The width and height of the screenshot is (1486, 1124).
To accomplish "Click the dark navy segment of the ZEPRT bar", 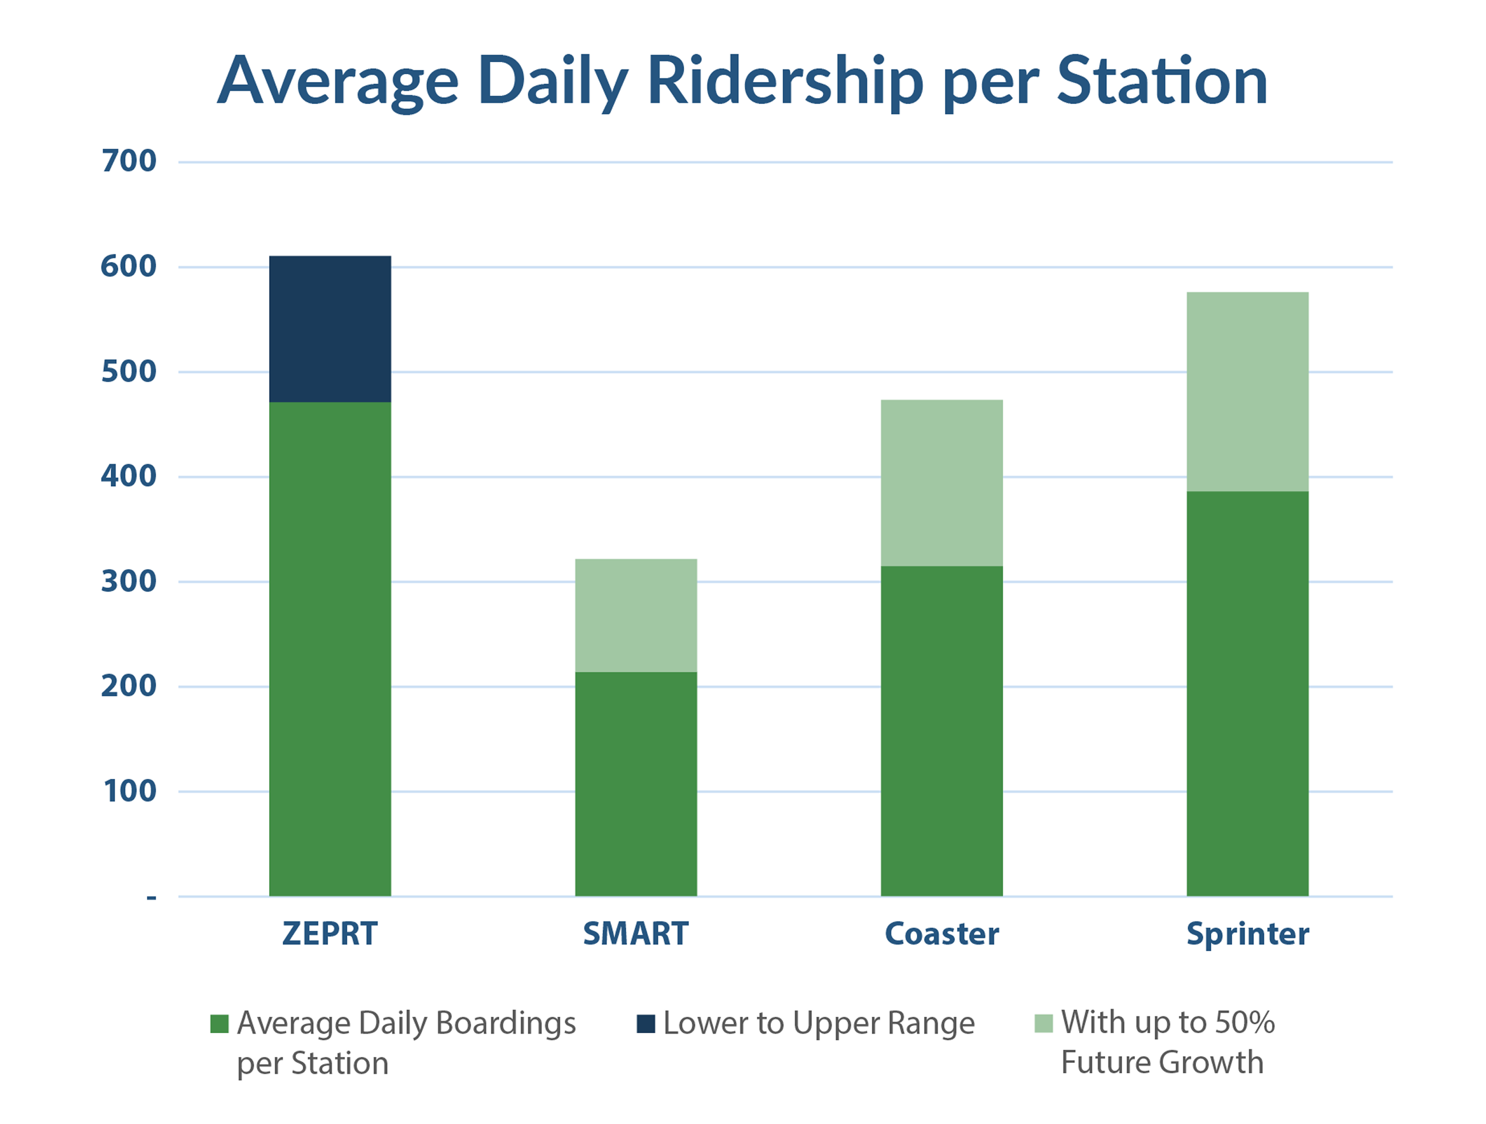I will tap(330, 329).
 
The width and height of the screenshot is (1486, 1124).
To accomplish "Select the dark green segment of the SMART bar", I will tap(636, 783).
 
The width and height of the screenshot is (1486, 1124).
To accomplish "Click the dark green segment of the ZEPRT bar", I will tap(330, 648).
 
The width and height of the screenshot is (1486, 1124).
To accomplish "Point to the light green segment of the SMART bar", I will tap(636, 615).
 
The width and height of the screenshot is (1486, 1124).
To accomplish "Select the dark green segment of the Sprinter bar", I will tap(1247, 694).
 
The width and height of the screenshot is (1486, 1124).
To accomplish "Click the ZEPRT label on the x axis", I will tap(330, 934).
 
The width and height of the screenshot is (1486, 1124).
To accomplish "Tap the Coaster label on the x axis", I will tap(941, 934).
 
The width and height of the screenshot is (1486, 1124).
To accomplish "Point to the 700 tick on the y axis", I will tap(129, 161).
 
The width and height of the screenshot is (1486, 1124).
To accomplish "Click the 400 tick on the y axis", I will tap(129, 476).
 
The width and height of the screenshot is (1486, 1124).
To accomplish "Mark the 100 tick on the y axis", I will tap(129, 792).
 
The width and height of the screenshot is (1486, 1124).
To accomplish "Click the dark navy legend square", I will tap(646, 1024).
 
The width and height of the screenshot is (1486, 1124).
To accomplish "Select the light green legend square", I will tap(1044, 1024).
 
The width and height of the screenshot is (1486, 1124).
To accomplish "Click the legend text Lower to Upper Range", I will tap(818, 1024).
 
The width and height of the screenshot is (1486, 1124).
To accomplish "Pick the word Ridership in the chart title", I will tap(785, 82).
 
